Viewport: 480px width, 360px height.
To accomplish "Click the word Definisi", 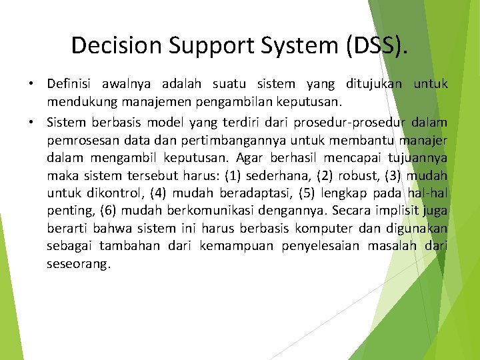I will (x=70, y=84).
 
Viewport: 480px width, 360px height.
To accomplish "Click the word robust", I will (x=357, y=176).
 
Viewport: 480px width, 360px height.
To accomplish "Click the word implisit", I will (x=396, y=211).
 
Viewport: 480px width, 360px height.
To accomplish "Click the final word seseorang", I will (x=78, y=264).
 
